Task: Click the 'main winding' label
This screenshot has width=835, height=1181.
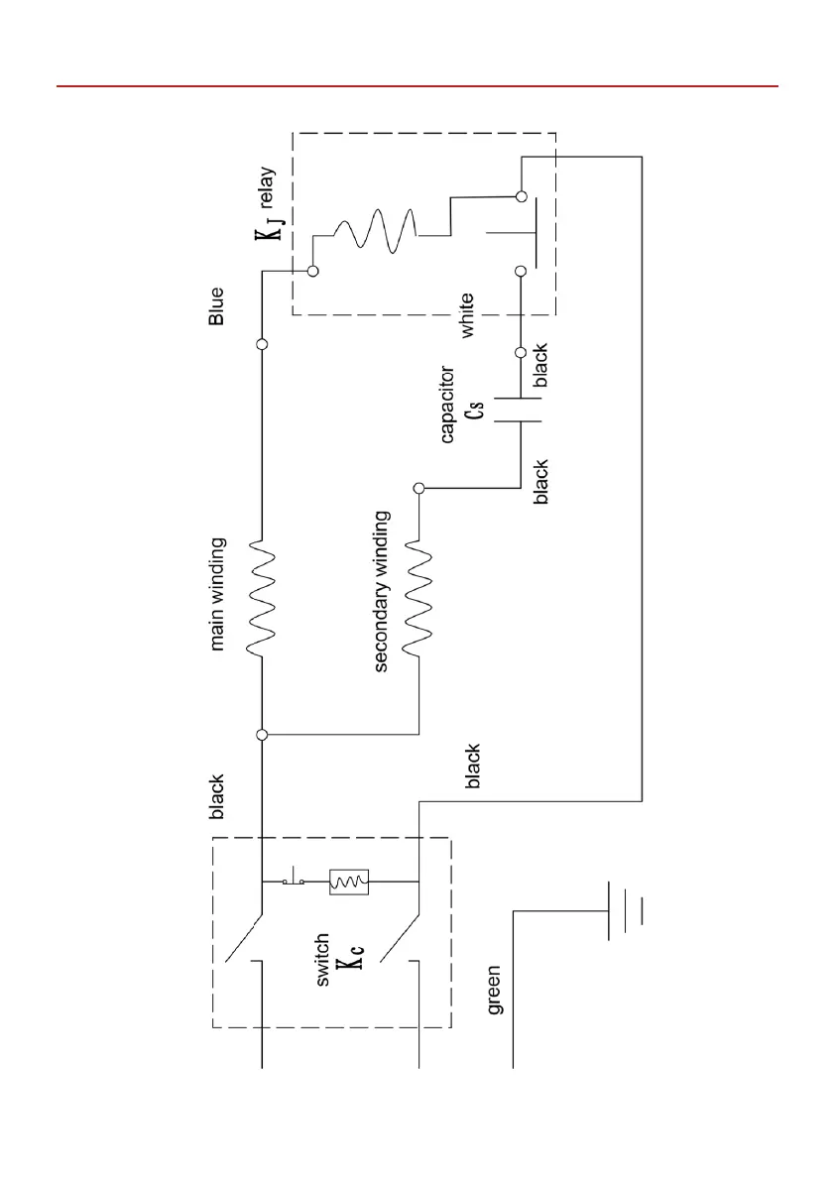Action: coord(218,594)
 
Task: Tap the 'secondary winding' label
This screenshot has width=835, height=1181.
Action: coord(382,592)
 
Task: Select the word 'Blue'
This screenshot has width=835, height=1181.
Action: coord(216,306)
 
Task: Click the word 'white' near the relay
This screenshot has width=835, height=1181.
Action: coord(466,316)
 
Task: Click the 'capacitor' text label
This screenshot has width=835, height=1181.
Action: coord(447,405)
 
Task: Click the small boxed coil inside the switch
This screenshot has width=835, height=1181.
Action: coord(349,881)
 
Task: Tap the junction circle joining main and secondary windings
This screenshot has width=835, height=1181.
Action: coord(262,735)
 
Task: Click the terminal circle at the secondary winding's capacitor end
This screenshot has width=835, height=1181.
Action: coord(418,488)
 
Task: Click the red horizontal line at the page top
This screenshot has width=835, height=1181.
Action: coord(417,86)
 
